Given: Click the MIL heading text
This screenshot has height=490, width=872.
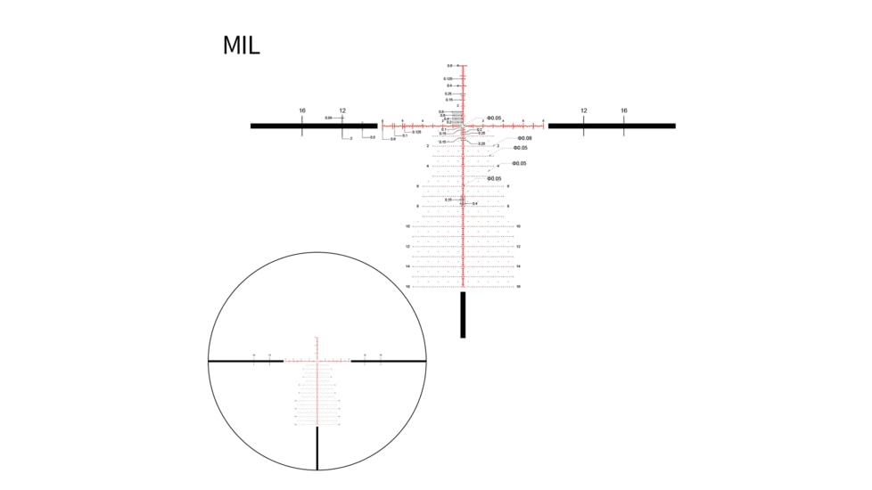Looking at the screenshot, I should pos(241,45).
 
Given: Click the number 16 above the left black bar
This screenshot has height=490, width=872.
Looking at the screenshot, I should pos(302,110).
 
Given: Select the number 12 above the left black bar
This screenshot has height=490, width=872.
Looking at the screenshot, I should pos(342,110).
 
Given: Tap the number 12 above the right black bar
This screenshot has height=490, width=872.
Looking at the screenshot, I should pos(584,110).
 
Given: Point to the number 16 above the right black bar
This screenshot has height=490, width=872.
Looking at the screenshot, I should pos(624,110).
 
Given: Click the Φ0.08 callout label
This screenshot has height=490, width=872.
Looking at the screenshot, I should pos(522,138).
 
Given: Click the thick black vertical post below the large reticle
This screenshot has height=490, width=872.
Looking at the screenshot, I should pos(463,315).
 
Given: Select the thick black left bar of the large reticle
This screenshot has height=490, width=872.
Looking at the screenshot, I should pos(312,126).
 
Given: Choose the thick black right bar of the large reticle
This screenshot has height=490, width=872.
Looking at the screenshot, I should pos(612,126).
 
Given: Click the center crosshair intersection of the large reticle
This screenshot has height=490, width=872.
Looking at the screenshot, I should pos(464,126).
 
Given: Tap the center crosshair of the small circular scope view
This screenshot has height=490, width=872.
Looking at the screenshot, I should pos(317,361).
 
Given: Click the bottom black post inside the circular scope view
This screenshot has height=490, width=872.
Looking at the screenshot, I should pos(317,448).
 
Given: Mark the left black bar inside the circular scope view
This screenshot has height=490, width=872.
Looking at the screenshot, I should pos(245,361).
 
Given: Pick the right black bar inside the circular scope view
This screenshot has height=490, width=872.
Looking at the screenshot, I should pos(389,361).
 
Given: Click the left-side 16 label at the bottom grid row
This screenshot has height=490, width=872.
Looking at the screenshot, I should pos(407,287).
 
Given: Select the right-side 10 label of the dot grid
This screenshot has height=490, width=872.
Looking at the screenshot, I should pos(518,226).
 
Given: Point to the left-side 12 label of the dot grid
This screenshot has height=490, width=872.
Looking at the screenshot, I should pos(407,247).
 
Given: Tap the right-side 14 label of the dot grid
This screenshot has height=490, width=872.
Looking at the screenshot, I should pos(518,266).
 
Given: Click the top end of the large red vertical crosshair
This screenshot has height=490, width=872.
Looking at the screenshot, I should pos(464,66).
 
